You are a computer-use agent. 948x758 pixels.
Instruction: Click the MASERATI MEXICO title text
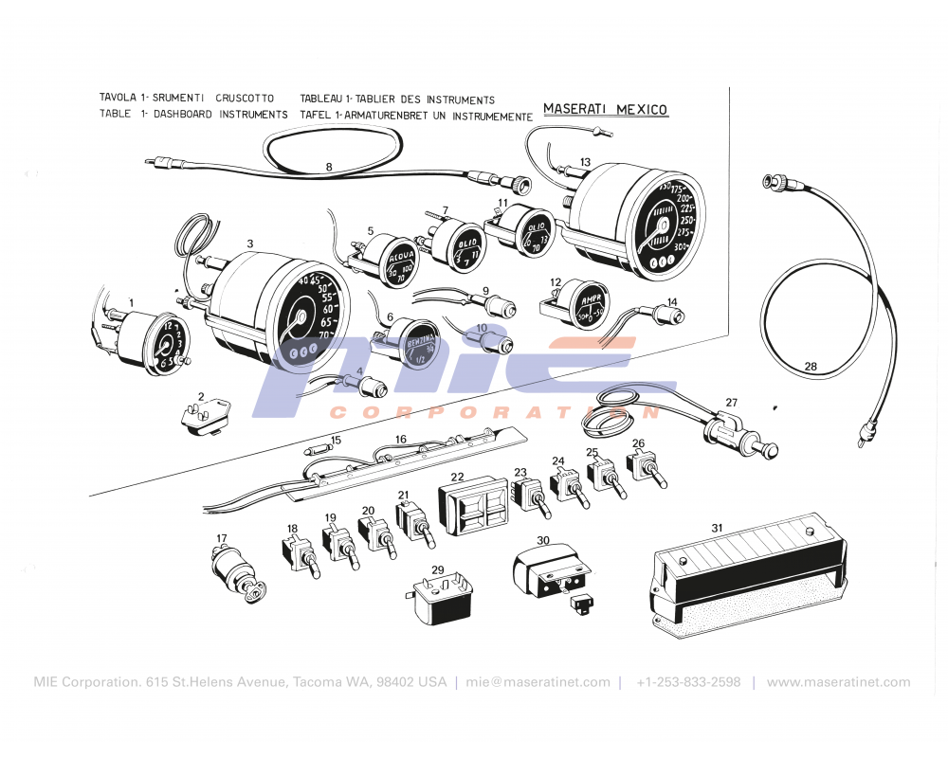605,109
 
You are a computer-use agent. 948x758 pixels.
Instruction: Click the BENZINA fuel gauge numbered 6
413,345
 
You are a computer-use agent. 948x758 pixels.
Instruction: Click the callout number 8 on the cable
329,167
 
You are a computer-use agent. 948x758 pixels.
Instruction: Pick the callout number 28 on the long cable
810,366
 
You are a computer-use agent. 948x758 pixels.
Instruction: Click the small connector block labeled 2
203,416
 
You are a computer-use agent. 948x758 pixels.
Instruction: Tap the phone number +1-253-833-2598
688,682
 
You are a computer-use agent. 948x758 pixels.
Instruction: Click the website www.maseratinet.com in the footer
838,682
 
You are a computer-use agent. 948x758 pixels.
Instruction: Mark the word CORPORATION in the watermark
493,412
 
